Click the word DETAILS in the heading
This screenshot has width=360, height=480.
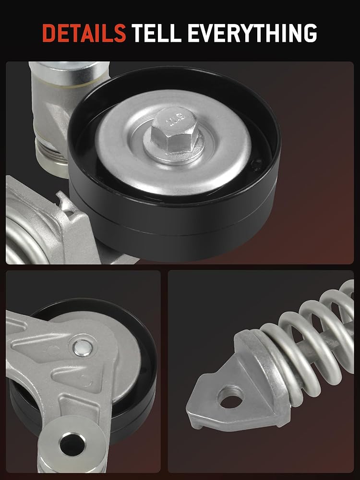84,33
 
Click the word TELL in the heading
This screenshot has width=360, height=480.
156,33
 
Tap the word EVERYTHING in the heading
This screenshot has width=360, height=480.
252,33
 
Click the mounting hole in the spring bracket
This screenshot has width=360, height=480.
231,397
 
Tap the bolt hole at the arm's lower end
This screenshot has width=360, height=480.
72,444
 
